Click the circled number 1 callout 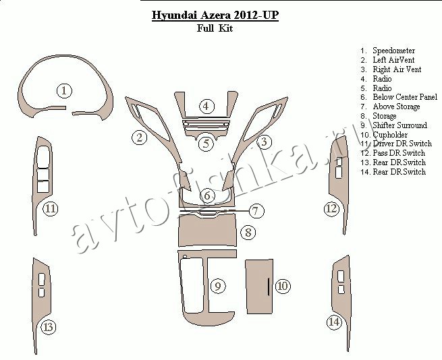click(64, 91)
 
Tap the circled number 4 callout click(206, 107)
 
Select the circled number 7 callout click(256, 211)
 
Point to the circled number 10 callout click(283, 287)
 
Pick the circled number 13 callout click(49, 327)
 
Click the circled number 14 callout click(334, 322)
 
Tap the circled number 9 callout click(218, 287)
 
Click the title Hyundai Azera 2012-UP click(215, 16)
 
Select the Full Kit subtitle click(215, 28)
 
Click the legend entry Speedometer click(394, 51)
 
